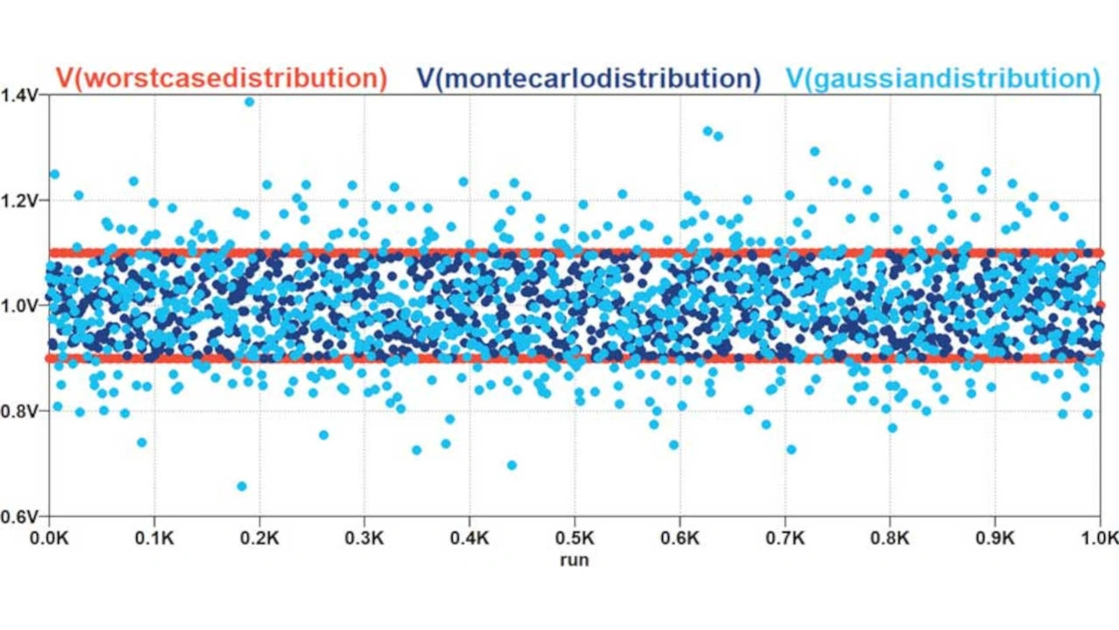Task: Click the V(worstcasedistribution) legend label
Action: coord(221,79)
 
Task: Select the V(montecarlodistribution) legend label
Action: coord(588,79)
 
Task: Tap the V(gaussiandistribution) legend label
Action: coord(942,79)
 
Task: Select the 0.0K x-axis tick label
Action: coord(50,535)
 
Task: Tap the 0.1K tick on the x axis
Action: coord(155,535)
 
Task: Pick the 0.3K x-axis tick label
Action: coord(365,535)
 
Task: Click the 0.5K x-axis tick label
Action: coord(574,535)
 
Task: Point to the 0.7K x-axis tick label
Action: coord(784,535)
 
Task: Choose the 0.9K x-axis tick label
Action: coord(994,535)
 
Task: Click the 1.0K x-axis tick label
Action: coord(1099,535)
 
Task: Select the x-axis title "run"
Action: coord(574,560)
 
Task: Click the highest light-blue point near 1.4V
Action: coord(249,101)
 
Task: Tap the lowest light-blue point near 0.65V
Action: coord(242,486)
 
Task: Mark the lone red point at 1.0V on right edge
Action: coord(1100,305)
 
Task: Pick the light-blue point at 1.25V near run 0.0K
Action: coord(54,174)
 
